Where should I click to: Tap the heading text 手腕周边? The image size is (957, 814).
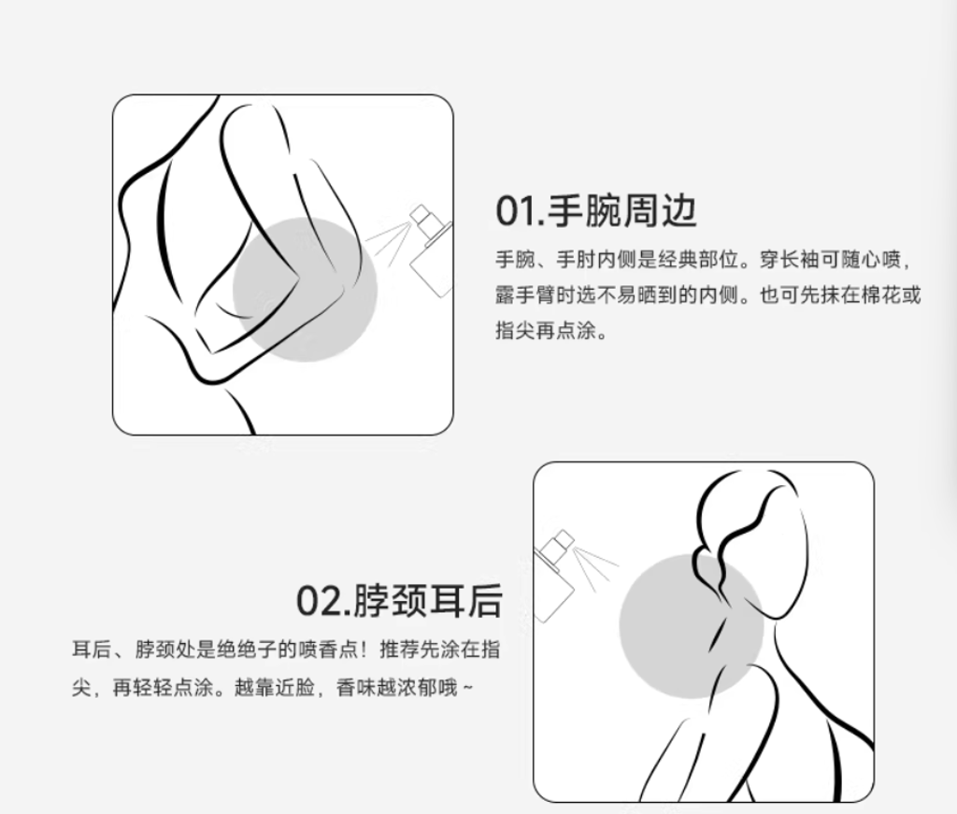(x=621, y=211)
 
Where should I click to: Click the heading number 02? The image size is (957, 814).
(x=317, y=601)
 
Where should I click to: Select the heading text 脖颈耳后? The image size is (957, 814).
(x=427, y=601)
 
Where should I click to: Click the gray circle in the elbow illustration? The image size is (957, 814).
(x=306, y=289)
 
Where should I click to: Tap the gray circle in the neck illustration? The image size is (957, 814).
(x=692, y=626)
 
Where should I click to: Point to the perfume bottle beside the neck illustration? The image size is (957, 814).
(x=553, y=576)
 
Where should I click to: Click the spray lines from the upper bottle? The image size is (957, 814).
(x=389, y=238)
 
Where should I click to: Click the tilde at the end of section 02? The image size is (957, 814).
(x=467, y=688)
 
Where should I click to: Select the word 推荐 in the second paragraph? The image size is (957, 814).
(x=400, y=650)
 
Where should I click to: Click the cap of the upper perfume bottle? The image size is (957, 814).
(x=421, y=214)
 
